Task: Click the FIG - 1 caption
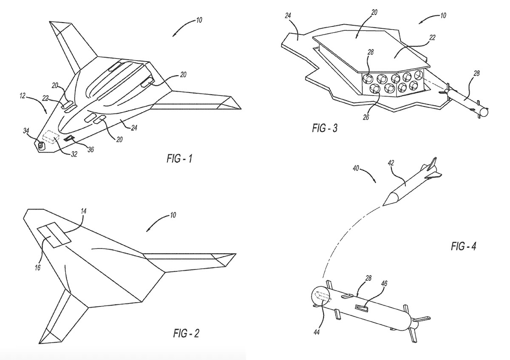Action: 179,160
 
